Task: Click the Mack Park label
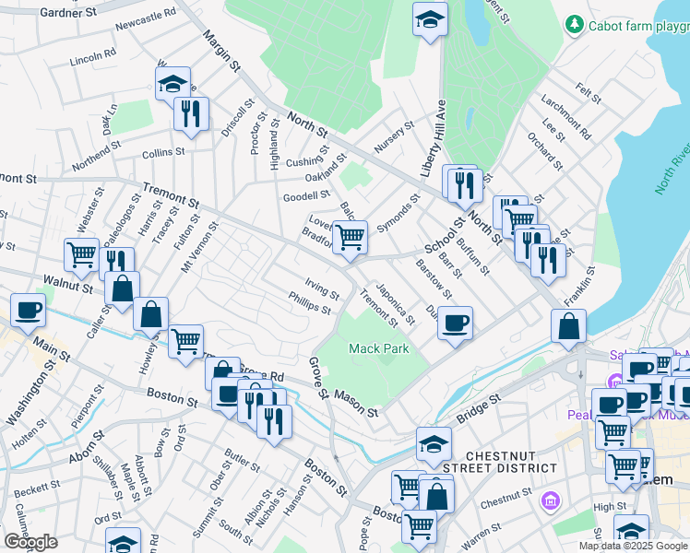point(378,348)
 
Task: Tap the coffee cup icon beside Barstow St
point(454,324)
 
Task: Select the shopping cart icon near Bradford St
point(351,238)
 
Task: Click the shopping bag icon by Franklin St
point(570,326)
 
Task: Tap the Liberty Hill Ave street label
point(434,138)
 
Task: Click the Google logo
point(30,542)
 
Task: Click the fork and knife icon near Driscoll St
point(191,114)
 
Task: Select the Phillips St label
point(309,303)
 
